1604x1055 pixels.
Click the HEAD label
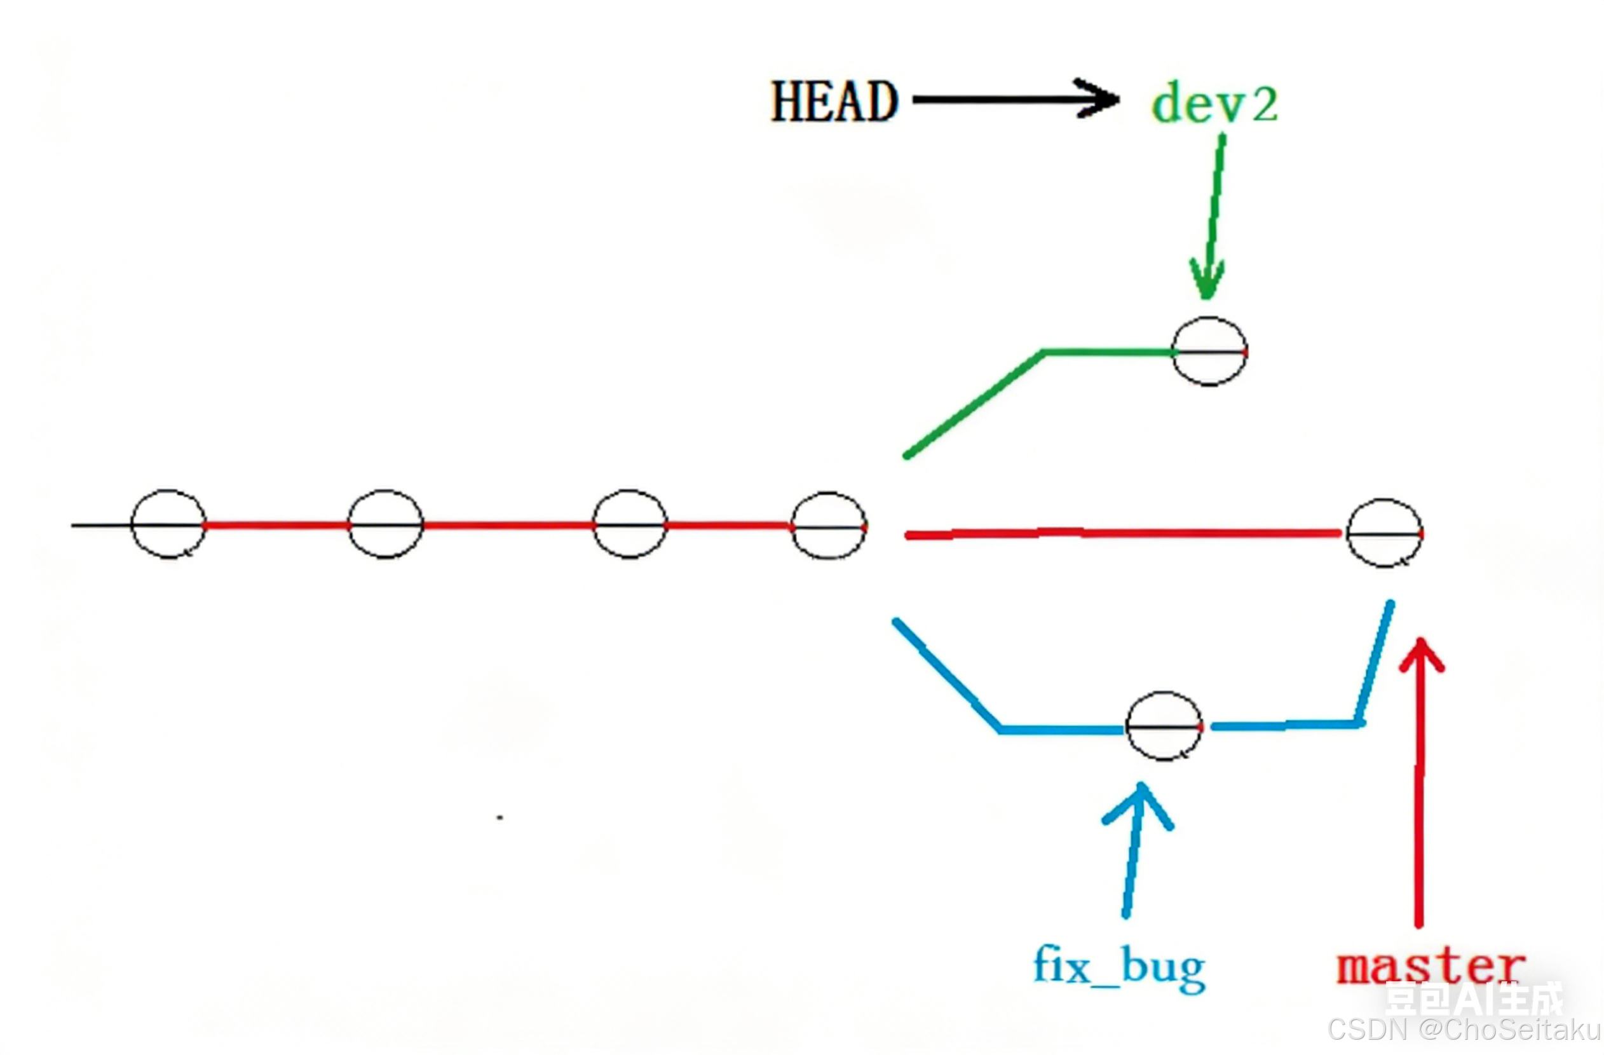834,101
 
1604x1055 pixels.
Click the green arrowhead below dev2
1206,280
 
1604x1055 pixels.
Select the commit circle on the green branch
1210,351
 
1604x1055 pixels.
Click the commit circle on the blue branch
1164,726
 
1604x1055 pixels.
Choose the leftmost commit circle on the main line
168,524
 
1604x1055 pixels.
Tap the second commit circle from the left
386,524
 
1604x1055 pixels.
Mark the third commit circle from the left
630,524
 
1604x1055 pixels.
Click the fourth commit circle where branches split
828,526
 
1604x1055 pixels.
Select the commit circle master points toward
1384,533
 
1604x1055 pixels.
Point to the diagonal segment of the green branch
974,404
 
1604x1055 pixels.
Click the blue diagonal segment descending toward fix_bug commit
947,674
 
